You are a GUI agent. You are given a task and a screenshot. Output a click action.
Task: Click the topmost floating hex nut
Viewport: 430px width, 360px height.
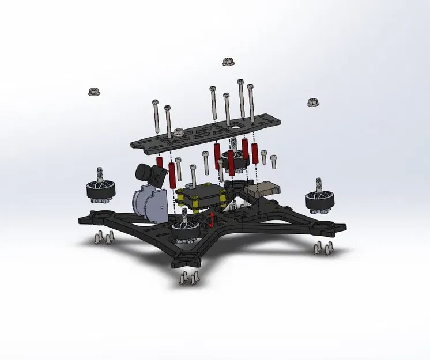pyautogui.click(x=227, y=61)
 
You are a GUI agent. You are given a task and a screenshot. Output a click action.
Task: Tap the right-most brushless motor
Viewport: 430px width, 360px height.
pyautogui.click(x=319, y=198)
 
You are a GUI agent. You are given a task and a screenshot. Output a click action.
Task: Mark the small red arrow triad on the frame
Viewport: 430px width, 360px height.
pyautogui.click(x=212, y=219)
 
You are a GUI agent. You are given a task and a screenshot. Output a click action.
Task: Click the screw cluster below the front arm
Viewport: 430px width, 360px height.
pyautogui.click(x=188, y=278)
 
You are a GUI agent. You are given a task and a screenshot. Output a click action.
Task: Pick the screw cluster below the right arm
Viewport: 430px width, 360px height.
pyautogui.click(x=322, y=248)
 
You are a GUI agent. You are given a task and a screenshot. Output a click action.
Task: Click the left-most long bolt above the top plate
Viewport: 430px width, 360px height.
pyautogui.click(x=156, y=115)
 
